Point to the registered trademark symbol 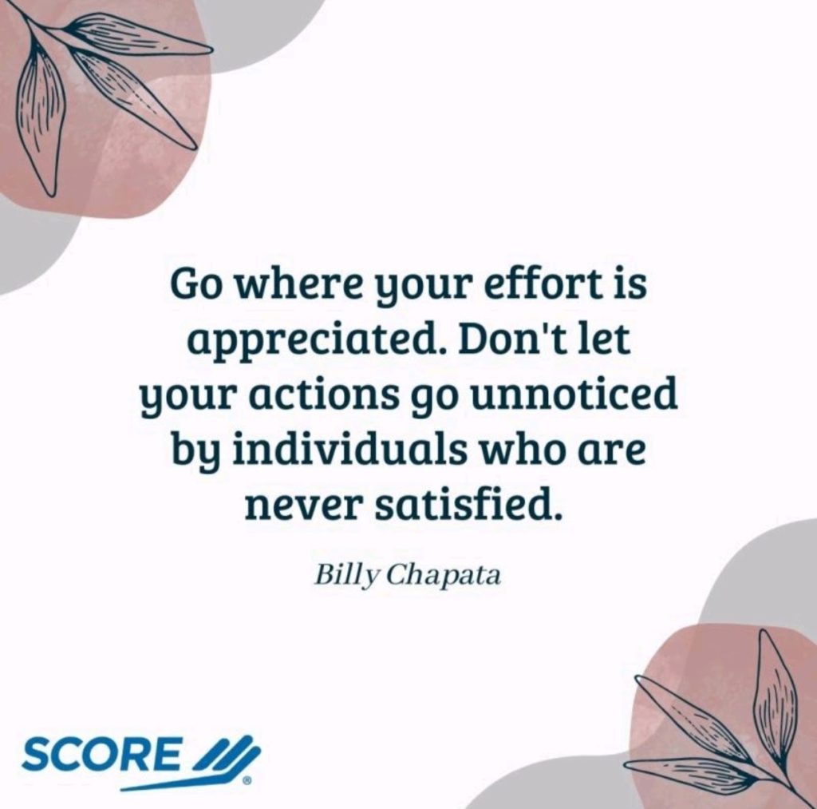[247, 780]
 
